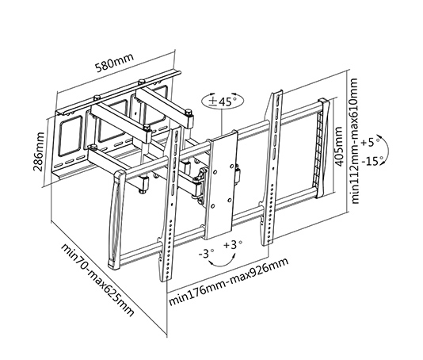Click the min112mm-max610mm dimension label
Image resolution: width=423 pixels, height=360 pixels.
[x=353, y=142]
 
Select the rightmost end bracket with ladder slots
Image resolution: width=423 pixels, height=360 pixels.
[x=322, y=147]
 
